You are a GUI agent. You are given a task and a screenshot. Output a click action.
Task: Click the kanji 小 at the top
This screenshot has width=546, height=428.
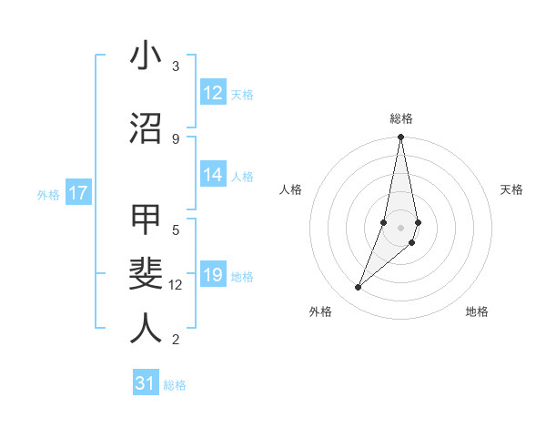coord(146,56)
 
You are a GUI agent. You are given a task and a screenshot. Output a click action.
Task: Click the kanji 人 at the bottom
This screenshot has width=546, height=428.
coord(146,328)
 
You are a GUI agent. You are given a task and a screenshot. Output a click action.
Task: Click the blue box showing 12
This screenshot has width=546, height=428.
coord(213,93)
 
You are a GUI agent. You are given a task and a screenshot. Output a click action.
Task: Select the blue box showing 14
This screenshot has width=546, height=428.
coord(213,176)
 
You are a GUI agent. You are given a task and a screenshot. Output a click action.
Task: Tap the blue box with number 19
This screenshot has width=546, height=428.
coord(213,276)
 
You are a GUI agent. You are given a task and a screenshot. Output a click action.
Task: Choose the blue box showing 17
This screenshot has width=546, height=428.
coord(77,193)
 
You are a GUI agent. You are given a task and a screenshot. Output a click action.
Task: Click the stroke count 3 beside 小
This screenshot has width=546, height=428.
coord(176,66)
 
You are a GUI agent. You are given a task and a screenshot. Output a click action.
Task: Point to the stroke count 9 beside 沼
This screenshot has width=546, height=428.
coord(176,138)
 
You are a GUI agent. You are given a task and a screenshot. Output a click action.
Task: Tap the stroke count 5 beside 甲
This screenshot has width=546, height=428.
coord(176,230)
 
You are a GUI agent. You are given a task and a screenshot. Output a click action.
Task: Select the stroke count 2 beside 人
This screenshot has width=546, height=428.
coord(176,340)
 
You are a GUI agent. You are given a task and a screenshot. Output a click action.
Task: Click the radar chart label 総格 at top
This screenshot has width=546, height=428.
coord(401,118)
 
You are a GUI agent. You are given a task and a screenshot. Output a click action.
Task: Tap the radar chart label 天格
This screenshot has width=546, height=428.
coord(511,189)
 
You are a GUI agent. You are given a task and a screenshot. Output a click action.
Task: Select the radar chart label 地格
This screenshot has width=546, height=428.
coord(477,311)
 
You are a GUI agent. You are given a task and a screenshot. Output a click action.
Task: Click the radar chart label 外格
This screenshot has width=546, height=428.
coord(320,311)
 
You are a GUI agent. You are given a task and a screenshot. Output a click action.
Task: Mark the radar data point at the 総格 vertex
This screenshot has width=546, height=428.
coord(400,138)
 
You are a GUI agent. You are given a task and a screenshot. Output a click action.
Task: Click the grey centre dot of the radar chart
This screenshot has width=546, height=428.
coord(400,227)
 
